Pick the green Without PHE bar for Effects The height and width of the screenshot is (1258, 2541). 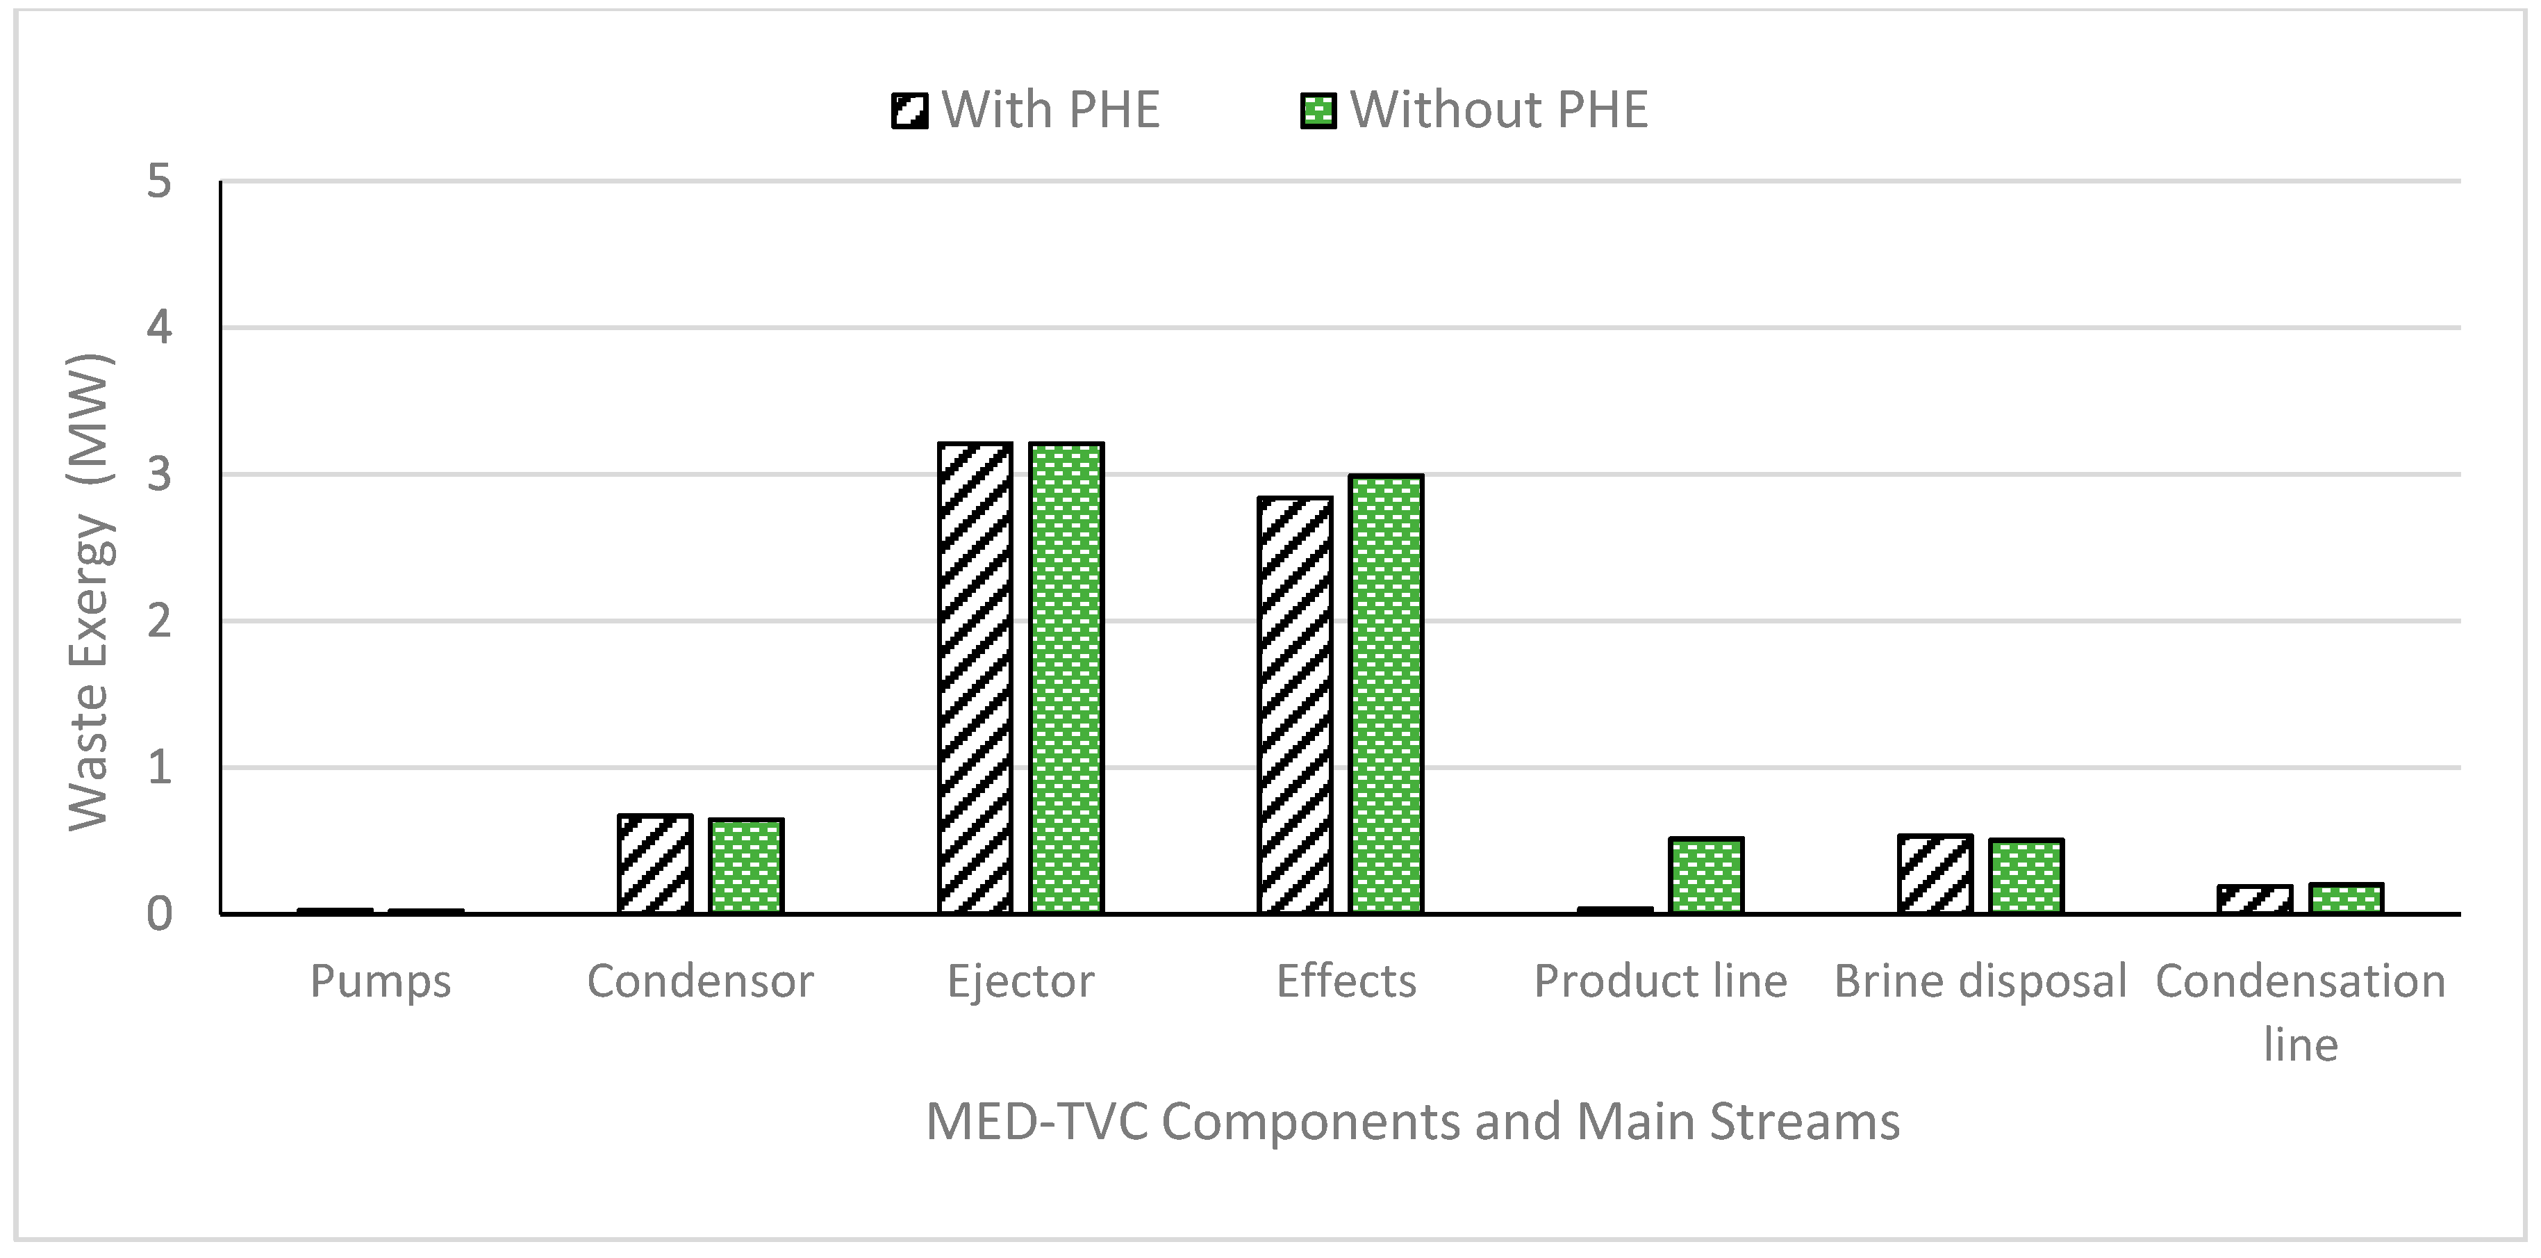point(1385,694)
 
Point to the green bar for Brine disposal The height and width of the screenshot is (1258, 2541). point(2026,876)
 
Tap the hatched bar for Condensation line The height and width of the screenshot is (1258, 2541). point(2255,899)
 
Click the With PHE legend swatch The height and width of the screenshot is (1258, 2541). point(909,111)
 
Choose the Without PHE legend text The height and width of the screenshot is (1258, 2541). point(1498,110)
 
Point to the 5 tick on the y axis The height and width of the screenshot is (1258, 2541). point(159,181)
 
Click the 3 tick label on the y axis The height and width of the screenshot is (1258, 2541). point(159,475)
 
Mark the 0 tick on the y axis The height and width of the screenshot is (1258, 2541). point(159,915)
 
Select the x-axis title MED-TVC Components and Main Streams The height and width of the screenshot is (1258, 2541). point(1412,1122)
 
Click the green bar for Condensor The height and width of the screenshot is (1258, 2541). point(746,865)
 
